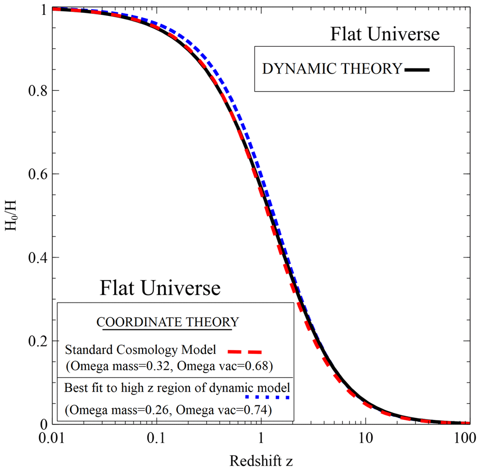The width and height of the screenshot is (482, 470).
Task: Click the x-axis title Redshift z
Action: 261,460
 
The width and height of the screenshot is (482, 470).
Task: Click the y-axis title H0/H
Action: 11,217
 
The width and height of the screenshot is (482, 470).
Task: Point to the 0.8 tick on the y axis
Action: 32,91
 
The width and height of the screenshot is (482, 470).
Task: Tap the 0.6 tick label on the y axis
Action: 32,174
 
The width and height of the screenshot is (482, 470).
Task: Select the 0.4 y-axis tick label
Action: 32,258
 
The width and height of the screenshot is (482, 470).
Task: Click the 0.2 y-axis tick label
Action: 32,341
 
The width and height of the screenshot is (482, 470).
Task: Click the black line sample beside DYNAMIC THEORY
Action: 417,70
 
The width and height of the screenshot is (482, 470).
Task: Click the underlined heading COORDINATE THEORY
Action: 168,322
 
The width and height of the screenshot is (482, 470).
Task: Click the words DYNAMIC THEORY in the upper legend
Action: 332,69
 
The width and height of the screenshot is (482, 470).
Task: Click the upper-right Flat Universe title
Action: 385,35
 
